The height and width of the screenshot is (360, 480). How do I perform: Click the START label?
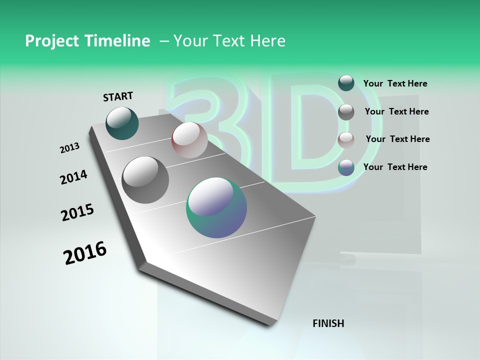pos(118,96)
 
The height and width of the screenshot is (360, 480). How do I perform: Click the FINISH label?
pos(328,323)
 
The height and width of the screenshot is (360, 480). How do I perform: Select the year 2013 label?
pos(70,147)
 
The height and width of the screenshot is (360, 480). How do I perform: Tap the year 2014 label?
pos(73,177)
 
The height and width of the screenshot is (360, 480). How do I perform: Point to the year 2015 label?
pos(77,212)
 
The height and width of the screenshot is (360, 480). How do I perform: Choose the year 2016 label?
pos(85,253)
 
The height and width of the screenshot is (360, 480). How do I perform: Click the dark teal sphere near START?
pos(122,123)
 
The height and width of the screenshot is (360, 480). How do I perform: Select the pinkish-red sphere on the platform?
pos(189,140)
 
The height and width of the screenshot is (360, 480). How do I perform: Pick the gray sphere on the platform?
pos(145,179)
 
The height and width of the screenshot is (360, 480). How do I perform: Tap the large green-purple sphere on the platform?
pos(216,207)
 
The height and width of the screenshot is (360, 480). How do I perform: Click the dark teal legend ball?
pos(346,83)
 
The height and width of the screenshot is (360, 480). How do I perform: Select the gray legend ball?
pos(346,112)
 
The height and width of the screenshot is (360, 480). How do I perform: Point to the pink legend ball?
pos(346,139)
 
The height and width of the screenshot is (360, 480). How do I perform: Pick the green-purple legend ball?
pos(346,167)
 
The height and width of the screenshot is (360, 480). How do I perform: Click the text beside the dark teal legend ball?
pos(395,83)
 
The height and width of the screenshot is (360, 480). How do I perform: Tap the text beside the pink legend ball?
pos(397,139)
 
